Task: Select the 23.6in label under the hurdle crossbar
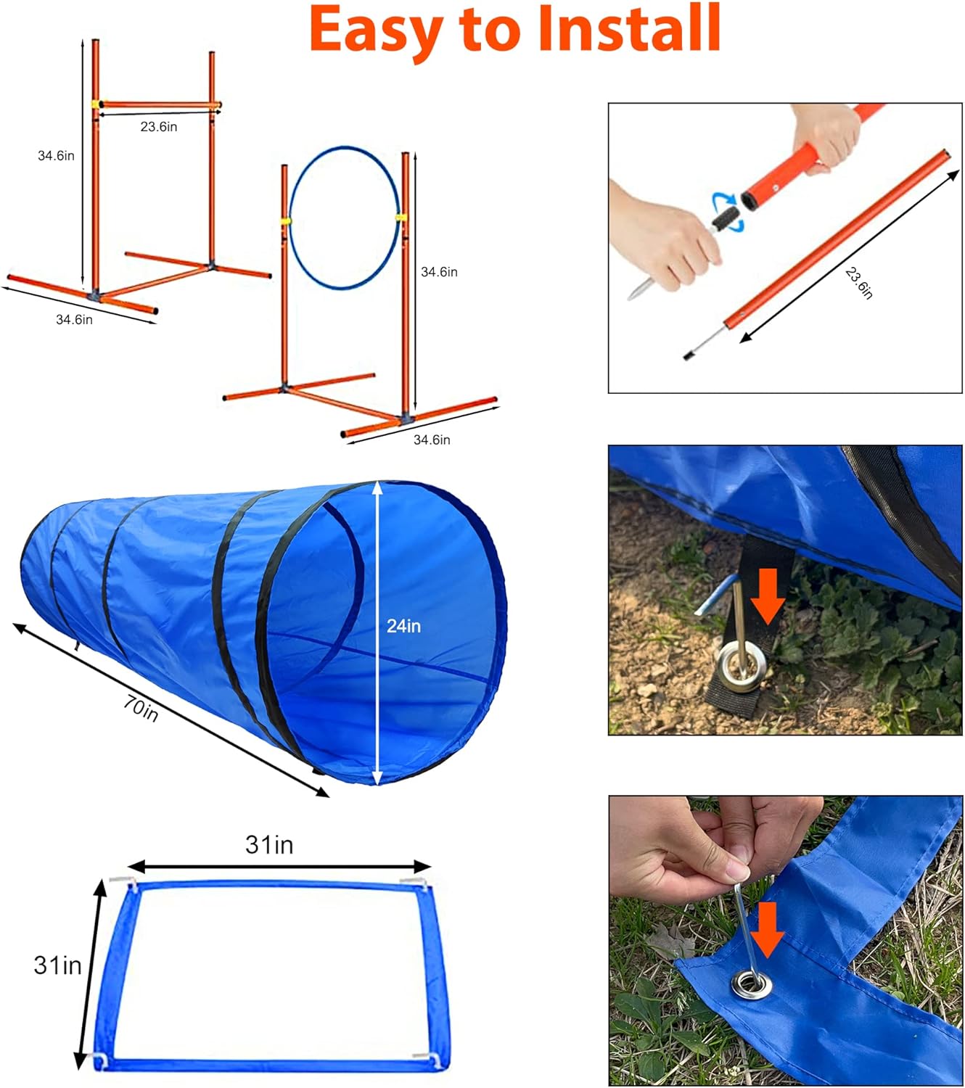coord(159,127)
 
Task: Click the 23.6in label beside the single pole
coord(859,283)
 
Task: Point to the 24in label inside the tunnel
coord(403,626)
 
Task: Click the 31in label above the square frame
coord(269,845)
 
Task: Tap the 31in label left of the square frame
coord(57,965)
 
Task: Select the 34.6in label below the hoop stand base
coord(432,440)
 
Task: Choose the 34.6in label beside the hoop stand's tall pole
coord(439,272)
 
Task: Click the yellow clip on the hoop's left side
coord(287,221)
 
